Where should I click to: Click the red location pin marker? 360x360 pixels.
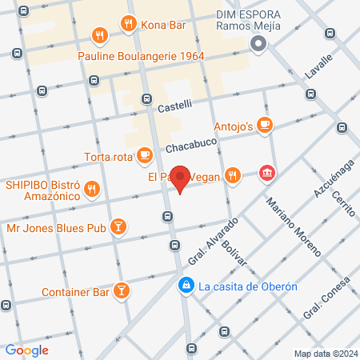pos(181,179)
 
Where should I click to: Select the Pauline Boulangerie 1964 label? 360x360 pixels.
pos(141,56)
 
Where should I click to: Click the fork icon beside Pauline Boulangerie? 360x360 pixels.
pos(100,35)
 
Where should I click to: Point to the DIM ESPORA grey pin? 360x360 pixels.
pos(258,46)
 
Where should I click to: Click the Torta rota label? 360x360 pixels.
pos(110,157)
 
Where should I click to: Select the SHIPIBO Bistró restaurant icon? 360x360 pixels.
pos(93,190)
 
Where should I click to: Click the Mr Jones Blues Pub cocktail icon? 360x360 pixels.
pos(118,227)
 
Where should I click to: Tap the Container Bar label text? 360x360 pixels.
pos(75,292)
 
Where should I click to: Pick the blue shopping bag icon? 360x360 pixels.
pos(186,285)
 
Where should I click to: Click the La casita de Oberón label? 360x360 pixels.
pos(248,286)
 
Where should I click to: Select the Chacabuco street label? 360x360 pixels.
pos(192,145)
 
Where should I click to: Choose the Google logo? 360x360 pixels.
pos(27,350)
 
